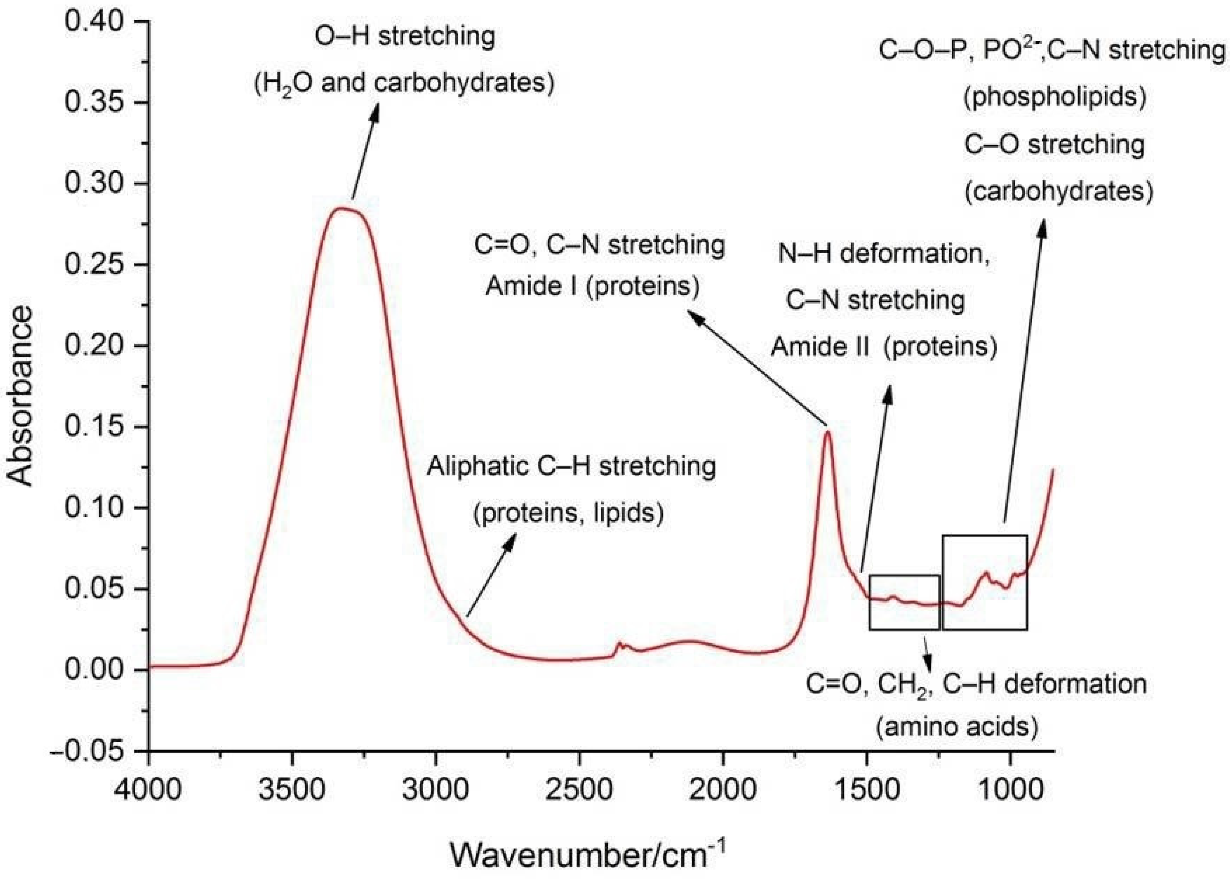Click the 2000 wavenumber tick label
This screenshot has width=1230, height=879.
coord(723,789)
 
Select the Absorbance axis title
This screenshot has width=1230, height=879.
coord(21,396)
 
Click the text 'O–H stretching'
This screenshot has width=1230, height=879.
coord(405,37)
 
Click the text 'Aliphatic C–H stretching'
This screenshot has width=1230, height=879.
coord(571,466)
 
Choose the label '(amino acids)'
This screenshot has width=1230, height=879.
coord(957,727)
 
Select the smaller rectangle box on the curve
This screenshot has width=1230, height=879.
coord(904,602)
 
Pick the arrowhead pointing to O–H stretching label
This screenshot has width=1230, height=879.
coord(374,112)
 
